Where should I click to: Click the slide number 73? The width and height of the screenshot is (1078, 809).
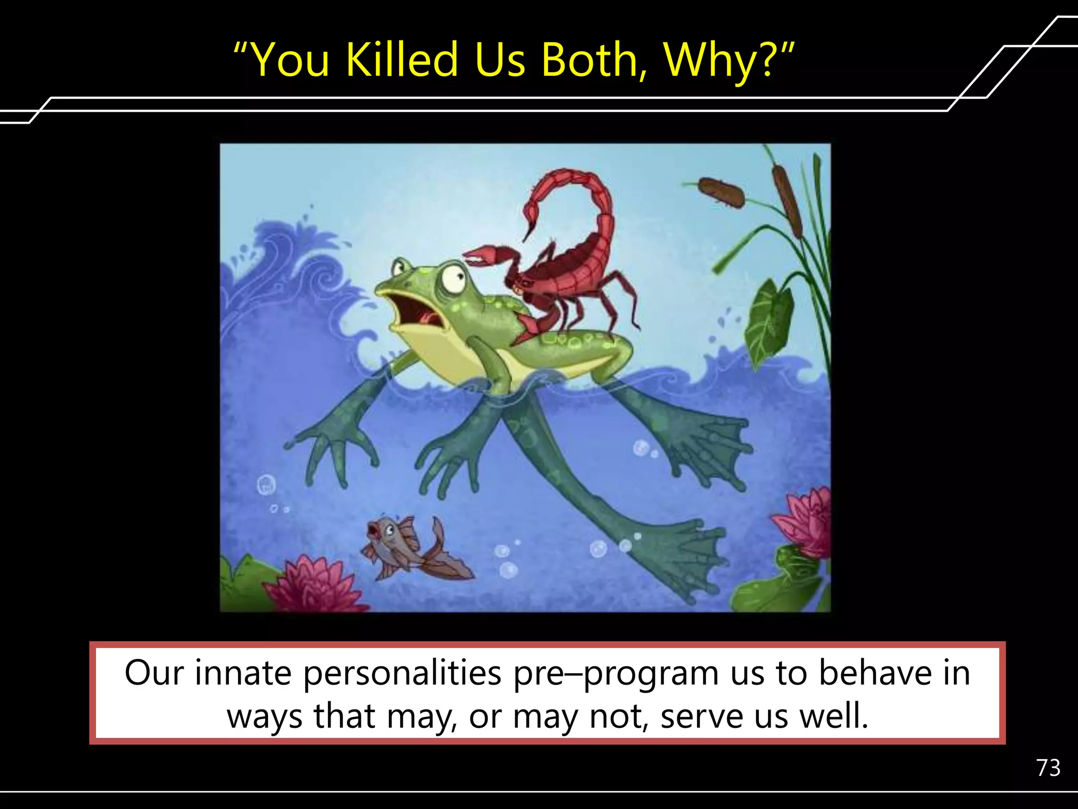pos(1048,768)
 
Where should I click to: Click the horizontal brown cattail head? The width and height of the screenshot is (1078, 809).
pos(721,192)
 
